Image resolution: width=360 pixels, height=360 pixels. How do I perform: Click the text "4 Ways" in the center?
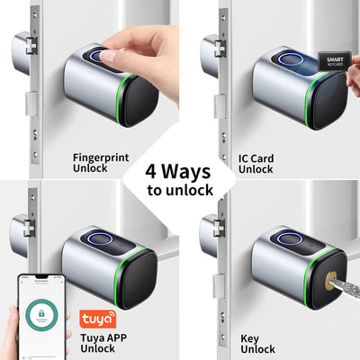(x=180, y=171)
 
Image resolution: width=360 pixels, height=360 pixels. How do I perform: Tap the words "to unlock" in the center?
(x=180, y=190)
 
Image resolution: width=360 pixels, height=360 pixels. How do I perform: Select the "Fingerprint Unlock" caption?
(x=100, y=162)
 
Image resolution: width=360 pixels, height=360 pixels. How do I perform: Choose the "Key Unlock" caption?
(x=257, y=344)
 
